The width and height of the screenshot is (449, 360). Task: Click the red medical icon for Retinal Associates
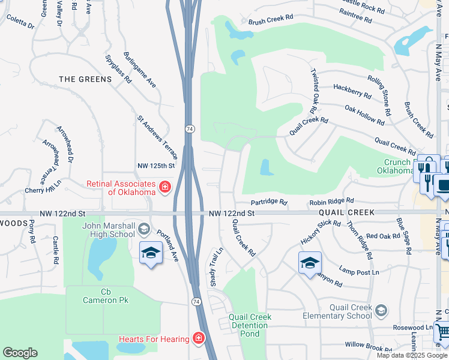click(x=164, y=188)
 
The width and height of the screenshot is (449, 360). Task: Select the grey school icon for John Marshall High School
click(x=143, y=229)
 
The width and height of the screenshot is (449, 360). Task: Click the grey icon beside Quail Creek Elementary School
click(x=381, y=310)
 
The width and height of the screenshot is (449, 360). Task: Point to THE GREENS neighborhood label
click(x=85, y=79)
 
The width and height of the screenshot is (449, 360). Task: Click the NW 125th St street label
click(x=155, y=166)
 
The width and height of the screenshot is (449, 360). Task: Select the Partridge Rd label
click(x=269, y=202)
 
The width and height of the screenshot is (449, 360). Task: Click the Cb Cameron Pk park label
click(x=106, y=296)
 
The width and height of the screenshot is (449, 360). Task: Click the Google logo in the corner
click(x=20, y=353)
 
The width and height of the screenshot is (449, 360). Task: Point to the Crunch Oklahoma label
click(x=397, y=166)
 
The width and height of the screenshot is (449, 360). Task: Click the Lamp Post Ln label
click(x=359, y=272)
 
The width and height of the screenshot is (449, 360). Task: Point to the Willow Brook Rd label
click(x=369, y=346)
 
